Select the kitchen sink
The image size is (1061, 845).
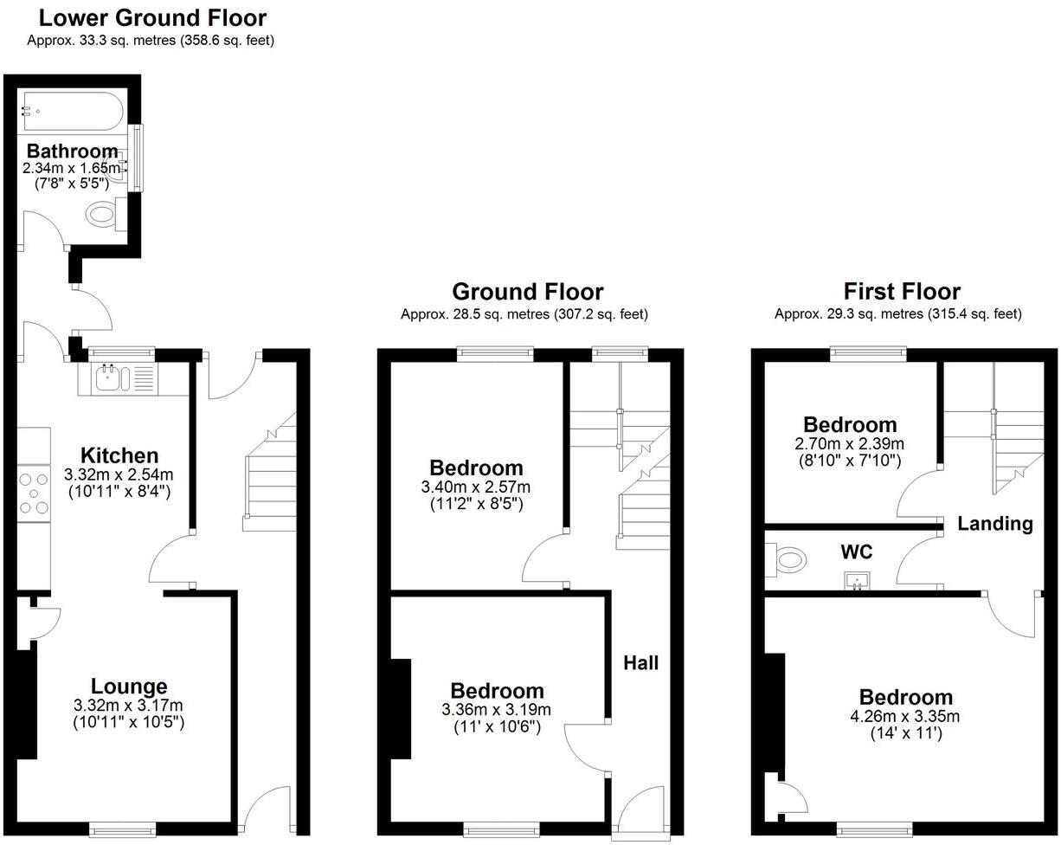(x=112, y=378)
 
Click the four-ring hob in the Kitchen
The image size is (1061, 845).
(x=34, y=493)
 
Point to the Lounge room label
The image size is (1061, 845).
(x=129, y=687)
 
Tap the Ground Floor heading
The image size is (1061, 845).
(x=527, y=292)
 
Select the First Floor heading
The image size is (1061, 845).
(x=902, y=292)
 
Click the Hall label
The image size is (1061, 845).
(x=640, y=663)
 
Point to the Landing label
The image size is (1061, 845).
(x=994, y=524)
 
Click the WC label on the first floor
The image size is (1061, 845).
(x=856, y=552)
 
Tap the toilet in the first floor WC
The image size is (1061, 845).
(x=787, y=559)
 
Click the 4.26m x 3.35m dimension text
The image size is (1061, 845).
(x=905, y=717)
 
